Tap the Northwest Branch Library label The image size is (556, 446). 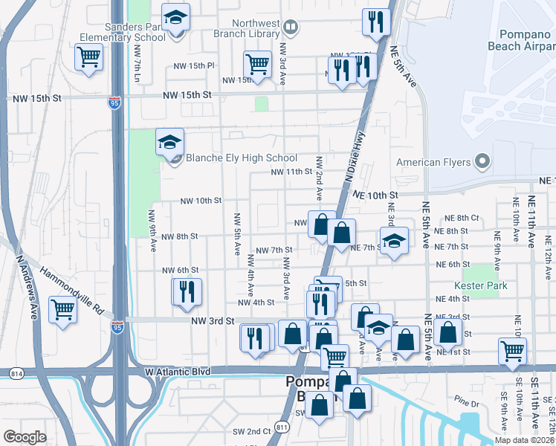243,28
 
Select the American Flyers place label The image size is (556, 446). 434,162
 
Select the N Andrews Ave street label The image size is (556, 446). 26,288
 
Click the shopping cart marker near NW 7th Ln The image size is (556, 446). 88,56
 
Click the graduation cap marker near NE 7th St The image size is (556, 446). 395,240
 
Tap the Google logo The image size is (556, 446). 25,437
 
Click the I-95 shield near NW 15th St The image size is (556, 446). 114,100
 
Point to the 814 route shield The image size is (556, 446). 16,372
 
